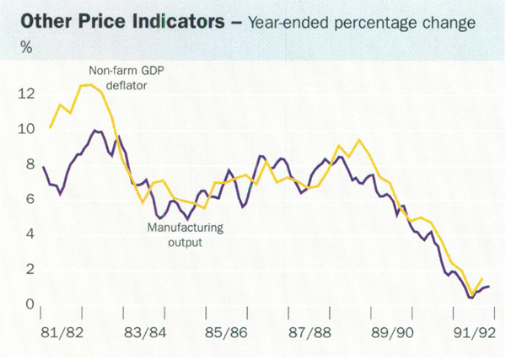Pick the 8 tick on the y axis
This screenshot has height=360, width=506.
28,164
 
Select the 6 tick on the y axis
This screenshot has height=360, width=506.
28,199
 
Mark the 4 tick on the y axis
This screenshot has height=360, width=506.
28,234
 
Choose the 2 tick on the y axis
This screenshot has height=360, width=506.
28,269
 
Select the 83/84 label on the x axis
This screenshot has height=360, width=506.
146,330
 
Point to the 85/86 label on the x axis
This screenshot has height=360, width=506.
228,330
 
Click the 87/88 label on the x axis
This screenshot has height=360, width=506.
310,330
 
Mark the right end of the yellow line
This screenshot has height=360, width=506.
482,279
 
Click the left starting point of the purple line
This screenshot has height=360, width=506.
43,167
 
